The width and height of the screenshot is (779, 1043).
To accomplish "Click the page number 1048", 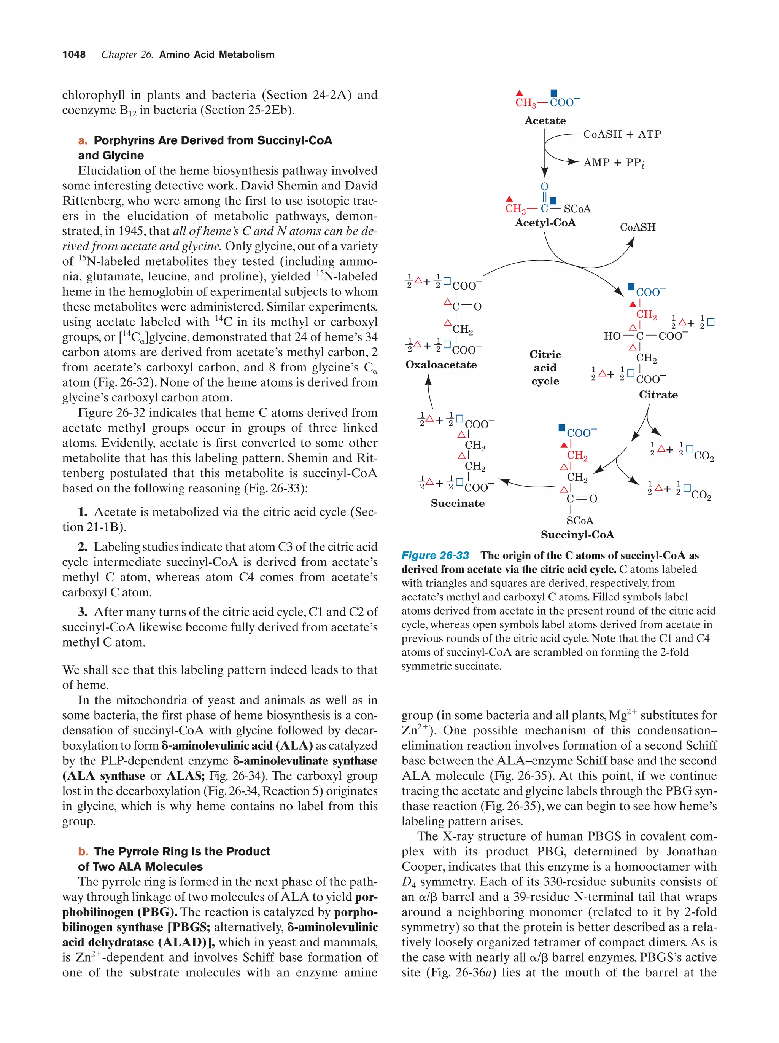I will (74, 55).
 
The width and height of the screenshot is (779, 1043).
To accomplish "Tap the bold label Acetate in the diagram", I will (545, 121).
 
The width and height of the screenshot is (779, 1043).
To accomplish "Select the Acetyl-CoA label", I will (545, 223).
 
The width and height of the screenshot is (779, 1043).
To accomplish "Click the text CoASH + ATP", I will (622, 134).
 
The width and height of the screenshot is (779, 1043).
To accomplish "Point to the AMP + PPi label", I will (614, 163).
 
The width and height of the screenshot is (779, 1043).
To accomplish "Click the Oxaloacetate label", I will (440, 365).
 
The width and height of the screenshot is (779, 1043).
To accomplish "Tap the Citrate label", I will (658, 395).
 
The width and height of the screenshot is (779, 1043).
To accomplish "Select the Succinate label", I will (457, 503).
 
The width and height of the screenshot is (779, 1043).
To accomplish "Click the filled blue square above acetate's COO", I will (554, 93).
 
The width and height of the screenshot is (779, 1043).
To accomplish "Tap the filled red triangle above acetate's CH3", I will (519, 93).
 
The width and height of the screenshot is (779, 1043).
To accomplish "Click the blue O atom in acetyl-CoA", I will (544, 187).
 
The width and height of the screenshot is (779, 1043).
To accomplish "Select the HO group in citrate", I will (612, 336).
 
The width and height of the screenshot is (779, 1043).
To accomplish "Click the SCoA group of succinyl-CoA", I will (579, 521).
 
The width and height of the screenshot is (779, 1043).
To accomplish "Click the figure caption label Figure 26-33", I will (435, 556).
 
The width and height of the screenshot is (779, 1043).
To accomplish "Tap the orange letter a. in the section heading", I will (83, 140).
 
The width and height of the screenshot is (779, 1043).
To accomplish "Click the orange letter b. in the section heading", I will (83, 852).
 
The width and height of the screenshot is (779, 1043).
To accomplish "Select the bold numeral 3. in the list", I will (83, 612).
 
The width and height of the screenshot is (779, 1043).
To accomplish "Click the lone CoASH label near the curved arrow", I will (637, 227).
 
